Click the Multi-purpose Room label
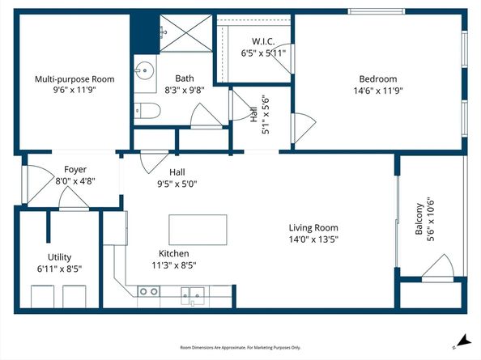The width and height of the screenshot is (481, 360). click(74, 79)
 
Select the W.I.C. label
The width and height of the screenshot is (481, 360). click(264, 40)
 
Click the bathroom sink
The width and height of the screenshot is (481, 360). click(145, 70)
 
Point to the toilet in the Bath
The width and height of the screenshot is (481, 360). click(147, 111)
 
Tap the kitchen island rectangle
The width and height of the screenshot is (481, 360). click(197, 230)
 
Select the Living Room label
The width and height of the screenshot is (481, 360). click(314, 227)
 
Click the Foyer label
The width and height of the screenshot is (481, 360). click(74, 169)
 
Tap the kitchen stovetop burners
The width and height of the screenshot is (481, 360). click(148, 291)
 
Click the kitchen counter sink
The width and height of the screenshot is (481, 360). click(193, 292)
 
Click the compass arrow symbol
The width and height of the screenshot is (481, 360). click(462, 341)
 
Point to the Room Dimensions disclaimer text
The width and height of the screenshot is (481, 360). click(240, 348)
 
